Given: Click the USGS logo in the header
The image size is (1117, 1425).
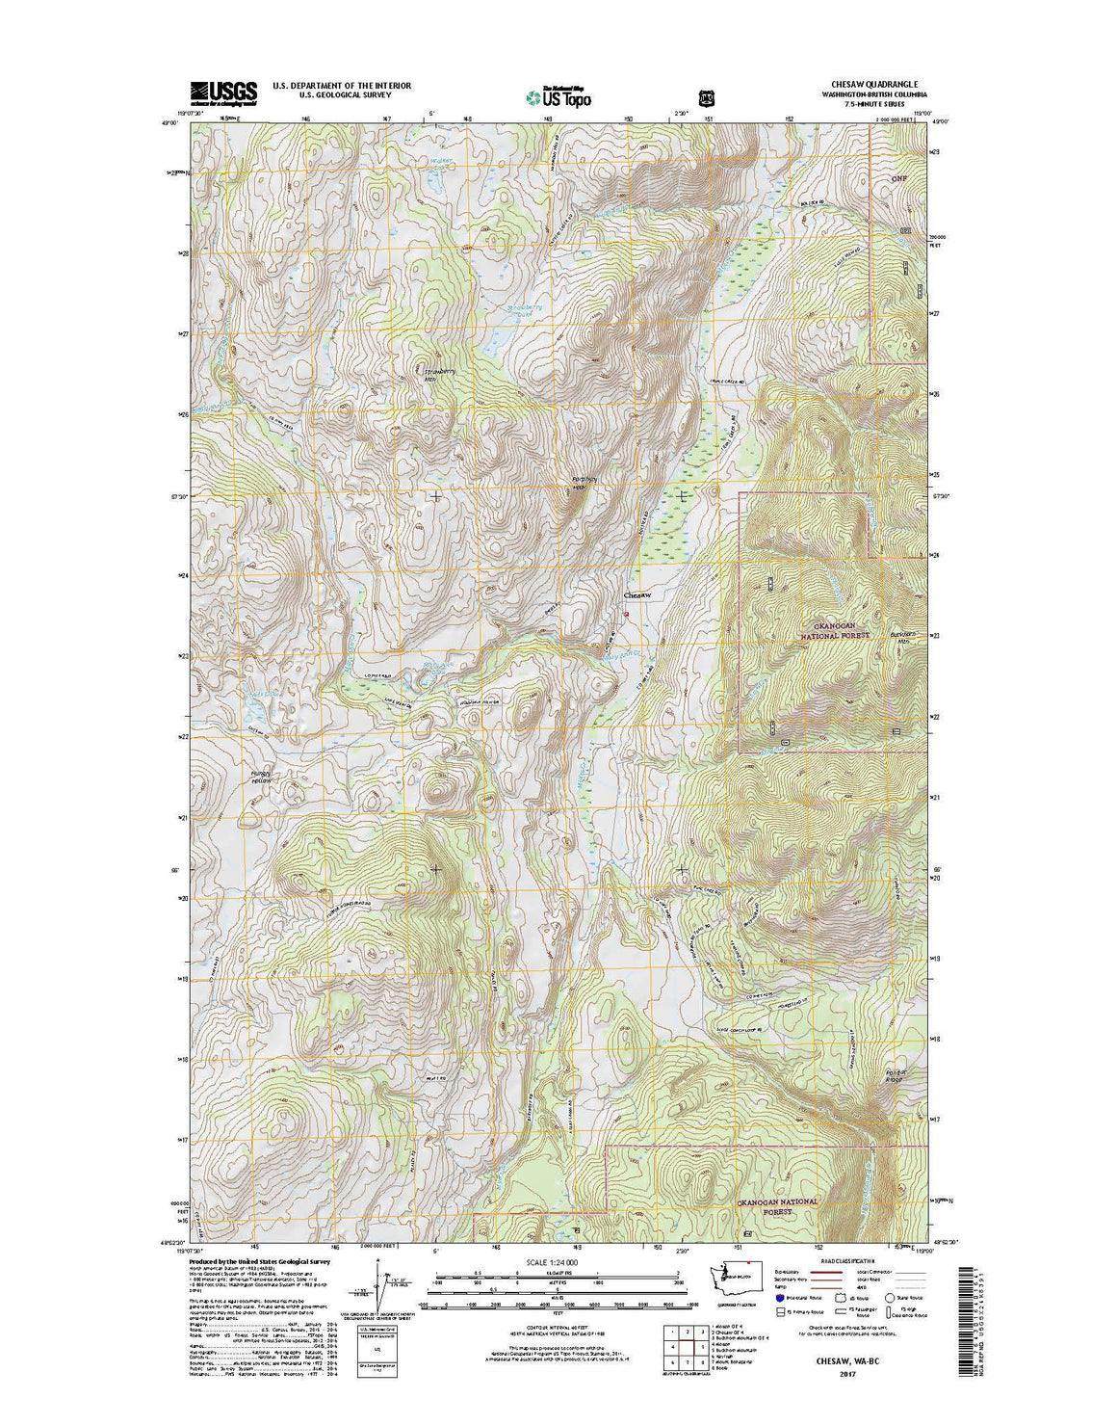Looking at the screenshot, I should [x=223, y=92].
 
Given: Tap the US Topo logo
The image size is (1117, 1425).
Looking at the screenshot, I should [x=558, y=96].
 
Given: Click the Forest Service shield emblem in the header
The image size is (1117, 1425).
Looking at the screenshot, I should [x=706, y=97].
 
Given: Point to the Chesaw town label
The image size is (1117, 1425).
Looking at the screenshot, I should [x=637, y=595].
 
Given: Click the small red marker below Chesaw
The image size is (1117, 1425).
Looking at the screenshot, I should [x=626, y=614].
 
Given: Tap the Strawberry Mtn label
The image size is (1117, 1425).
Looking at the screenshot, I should [x=438, y=374].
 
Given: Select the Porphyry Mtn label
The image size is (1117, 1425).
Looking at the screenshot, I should [x=579, y=484].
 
